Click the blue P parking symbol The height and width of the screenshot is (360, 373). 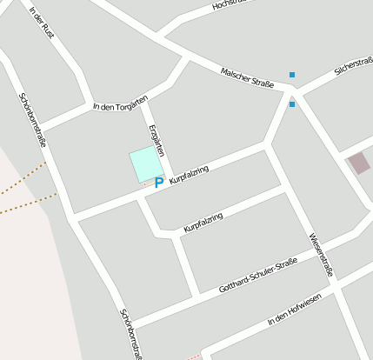[x=158, y=183]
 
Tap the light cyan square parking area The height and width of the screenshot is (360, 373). [x=146, y=164]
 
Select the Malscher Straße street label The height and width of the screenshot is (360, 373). [x=248, y=77]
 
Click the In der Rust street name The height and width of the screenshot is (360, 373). [x=41, y=23]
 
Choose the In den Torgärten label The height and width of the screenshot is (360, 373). [x=120, y=102]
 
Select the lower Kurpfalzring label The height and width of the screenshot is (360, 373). [x=203, y=222]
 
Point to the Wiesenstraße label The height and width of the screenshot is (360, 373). [x=321, y=255]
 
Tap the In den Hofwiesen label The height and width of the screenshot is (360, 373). [x=295, y=310]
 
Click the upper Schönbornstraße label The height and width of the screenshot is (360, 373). [x=32, y=117]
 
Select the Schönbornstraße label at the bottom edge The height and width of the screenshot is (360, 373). [x=130, y=335]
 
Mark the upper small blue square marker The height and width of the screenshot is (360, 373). [x=292, y=75]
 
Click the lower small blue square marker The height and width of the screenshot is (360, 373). [x=292, y=104]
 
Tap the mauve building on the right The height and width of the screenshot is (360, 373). [x=358, y=163]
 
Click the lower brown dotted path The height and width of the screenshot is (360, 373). [x=26, y=205]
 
